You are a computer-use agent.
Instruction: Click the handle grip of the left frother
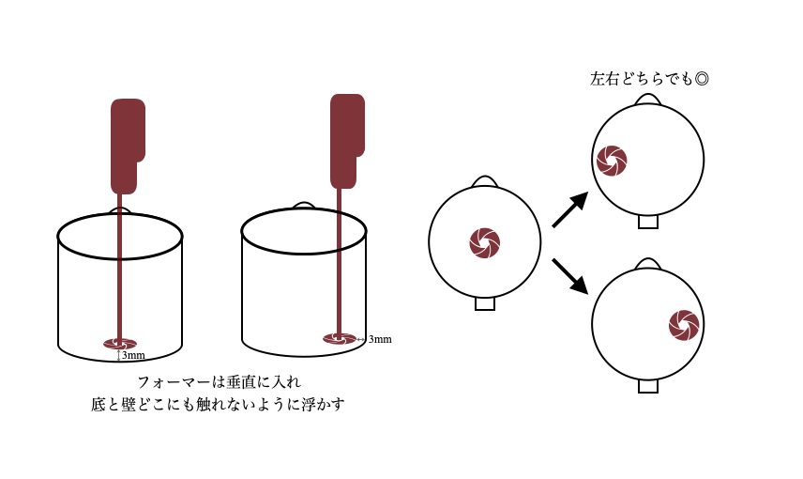pyautogui.click(x=127, y=146)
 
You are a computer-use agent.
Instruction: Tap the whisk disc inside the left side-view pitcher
pyautogui.click(x=120, y=344)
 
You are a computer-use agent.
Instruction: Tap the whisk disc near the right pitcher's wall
pyautogui.click(x=340, y=338)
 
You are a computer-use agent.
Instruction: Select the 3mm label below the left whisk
pyautogui.click(x=132, y=356)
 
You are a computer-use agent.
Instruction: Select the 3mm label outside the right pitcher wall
pyautogui.click(x=379, y=339)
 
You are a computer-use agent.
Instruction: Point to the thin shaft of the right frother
pyautogui.click(x=340, y=263)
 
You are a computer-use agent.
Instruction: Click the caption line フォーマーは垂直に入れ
pyautogui.click(x=219, y=382)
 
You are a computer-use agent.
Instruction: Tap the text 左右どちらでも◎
pyautogui.click(x=649, y=80)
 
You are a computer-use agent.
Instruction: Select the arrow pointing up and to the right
pyautogui.click(x=569, y=209)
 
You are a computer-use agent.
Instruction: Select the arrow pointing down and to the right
pyautogui.click(x=569, y=275)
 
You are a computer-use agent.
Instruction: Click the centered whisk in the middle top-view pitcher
pyautogui.click(x=485, y=242)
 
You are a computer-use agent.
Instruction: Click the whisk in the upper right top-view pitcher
pyautogui.click(x=612, y=161)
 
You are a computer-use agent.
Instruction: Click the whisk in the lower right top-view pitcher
pyautogui.click(x=684, y=325)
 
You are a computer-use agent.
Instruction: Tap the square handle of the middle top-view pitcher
pyautogui.click(x=485, y=303)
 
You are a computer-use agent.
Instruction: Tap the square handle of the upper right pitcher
pyautogui.click(x=648, y=223)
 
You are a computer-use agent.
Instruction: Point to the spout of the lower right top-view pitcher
pyautogui.click(x=648, y=264)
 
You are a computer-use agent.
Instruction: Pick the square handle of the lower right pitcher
pyautogui.click(x=648, y=386)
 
